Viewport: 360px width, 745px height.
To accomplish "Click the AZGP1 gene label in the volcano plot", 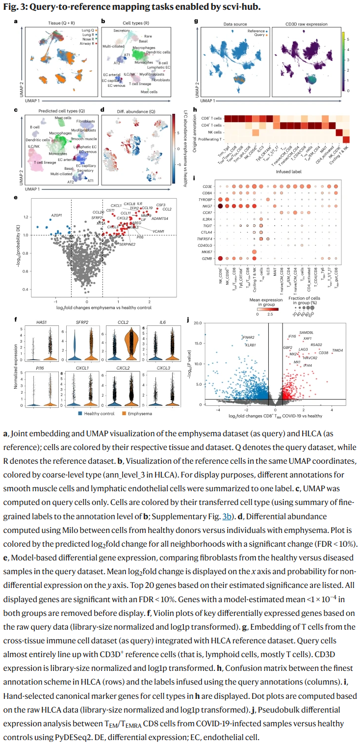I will click(x=57, y=215).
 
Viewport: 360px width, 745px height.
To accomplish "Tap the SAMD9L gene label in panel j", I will click(x=307, y=332).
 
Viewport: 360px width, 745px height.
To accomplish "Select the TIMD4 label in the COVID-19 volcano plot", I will click(x=337, y=350).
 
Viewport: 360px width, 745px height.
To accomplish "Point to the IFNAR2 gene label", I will click(x=249, y=338).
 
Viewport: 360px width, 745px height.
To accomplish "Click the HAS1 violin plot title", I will click(x=42, y=322).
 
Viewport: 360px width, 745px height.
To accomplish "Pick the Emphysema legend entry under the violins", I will click(x=140, y=413).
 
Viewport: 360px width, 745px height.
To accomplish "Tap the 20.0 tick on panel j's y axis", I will click(x=197, y=323).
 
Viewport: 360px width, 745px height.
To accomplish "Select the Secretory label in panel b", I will click(x=121, y=30).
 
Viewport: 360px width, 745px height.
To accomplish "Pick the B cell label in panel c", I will click(x=34, y=127).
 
